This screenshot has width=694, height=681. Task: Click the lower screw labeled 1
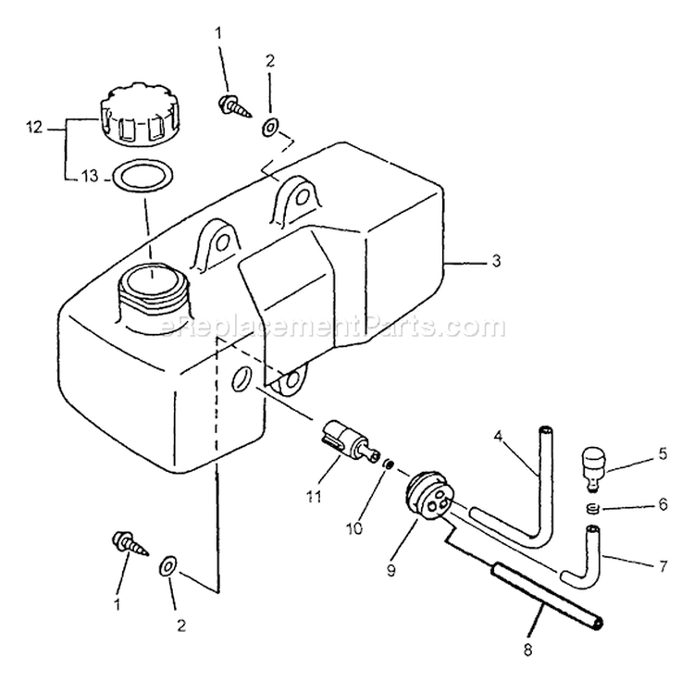126,542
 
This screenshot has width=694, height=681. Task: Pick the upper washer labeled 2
268,127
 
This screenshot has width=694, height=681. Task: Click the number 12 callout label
34,128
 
